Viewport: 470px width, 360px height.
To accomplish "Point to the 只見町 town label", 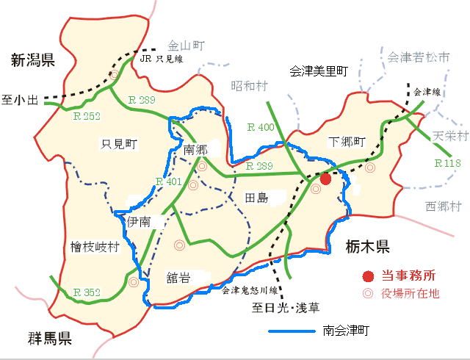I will pyautogui.click(x=119, y=143).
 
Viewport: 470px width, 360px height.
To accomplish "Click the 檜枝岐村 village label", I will pyautogui.click(x=94, y=248).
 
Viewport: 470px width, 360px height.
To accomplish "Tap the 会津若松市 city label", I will pyautogui.click(x=418, y=56).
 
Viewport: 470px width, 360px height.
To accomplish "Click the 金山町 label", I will pyautogui.click(x=185, y=46).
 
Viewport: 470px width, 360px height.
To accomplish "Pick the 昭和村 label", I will pyautogui.click(x=250, y=85).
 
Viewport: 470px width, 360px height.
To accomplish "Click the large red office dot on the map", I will pyautogui.click(x=326, y=179).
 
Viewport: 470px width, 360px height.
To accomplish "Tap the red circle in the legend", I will pyautogui.click(x=367, y=276).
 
